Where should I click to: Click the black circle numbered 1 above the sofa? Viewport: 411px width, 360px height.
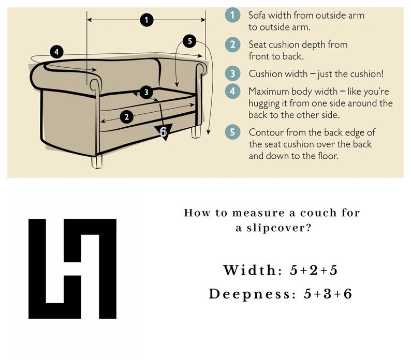tap(146, 20)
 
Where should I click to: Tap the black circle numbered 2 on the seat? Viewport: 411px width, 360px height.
tap(127, 116)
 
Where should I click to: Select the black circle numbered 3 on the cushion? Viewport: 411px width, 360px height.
tap(146, 92)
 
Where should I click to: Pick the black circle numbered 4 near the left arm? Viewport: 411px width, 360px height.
tap(56, 52)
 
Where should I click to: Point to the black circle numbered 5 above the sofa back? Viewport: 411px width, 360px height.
tap(189, 41)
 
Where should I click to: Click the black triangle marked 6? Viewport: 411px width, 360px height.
tap(163, 131)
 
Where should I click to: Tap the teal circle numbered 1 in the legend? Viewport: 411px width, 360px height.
tap(232, 15)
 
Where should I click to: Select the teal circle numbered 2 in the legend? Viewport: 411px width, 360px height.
tap(232, 44)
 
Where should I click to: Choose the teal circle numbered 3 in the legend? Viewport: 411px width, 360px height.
tap(232, 73)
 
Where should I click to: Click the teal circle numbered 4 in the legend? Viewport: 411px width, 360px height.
tap(232, 91)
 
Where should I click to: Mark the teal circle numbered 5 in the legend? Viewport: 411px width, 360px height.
tap(232, 132)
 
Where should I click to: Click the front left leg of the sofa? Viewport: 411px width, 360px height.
tap(97, 161)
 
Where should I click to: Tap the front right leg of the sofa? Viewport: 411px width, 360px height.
tap(196, 131)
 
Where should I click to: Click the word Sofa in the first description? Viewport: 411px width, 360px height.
tap(257, 15)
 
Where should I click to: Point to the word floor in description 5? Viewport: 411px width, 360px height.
tap(328, 156)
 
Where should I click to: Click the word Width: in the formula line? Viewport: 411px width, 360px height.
tap(253, 270)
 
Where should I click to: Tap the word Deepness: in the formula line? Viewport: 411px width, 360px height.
tap(253, 294)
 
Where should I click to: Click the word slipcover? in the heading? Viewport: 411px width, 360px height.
tap(279, 228)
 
